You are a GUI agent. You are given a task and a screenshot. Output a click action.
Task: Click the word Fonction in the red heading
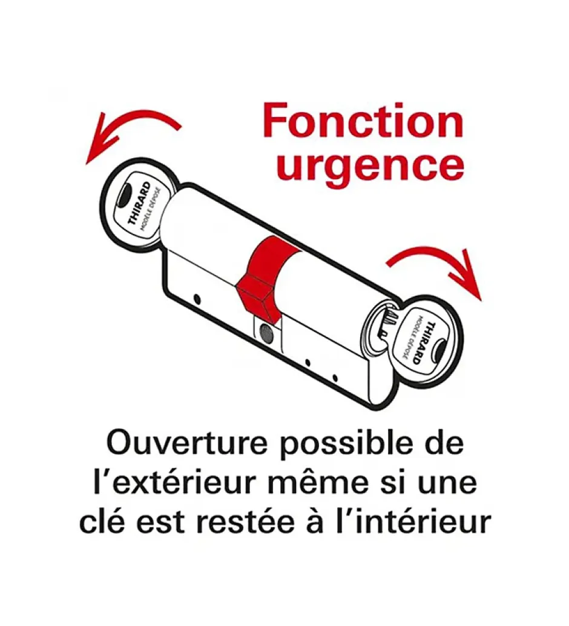(363, 120)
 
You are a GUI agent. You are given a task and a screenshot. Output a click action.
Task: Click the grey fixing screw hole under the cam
(265, 330)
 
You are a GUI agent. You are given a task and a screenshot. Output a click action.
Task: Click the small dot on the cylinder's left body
(197, 299)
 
